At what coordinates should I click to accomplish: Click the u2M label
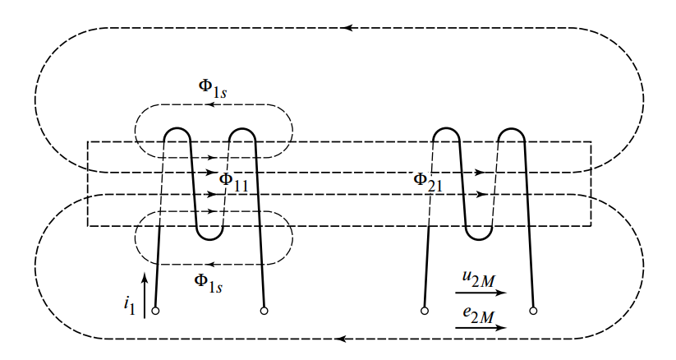[478, 279]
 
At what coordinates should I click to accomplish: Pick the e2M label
[478, 314]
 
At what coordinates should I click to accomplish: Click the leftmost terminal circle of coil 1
[155, 311]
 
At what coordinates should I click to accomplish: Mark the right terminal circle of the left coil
[264, 311]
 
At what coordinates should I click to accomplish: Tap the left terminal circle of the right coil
[425, 311]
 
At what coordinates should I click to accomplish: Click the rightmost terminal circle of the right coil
[533, 311]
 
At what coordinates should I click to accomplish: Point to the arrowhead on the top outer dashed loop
[348, 28]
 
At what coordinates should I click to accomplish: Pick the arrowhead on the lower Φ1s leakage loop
[208, 264]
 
